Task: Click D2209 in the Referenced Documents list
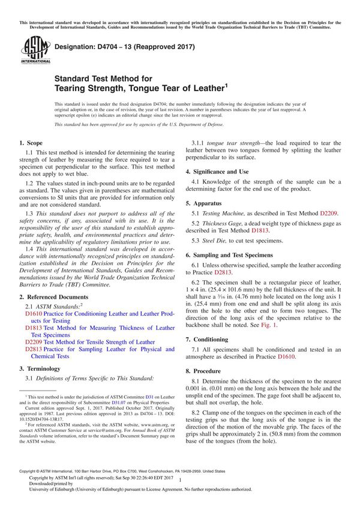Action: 34,342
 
